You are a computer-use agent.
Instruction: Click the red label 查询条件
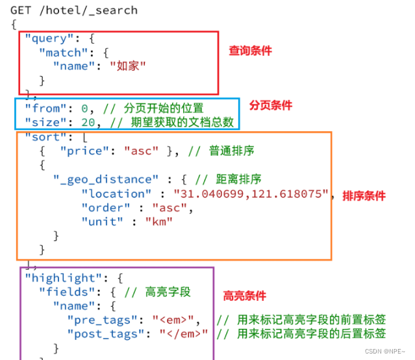(250, 51)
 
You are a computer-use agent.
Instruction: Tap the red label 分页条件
(271, 105)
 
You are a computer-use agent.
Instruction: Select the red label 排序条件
(364, 196)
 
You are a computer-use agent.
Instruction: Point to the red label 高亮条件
(244, 296)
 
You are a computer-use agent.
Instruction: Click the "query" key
(46, 38)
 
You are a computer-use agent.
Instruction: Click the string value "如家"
(127, 66)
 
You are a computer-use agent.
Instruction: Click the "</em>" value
(184, 334)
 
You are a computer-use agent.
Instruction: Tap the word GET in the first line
(21, 10)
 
